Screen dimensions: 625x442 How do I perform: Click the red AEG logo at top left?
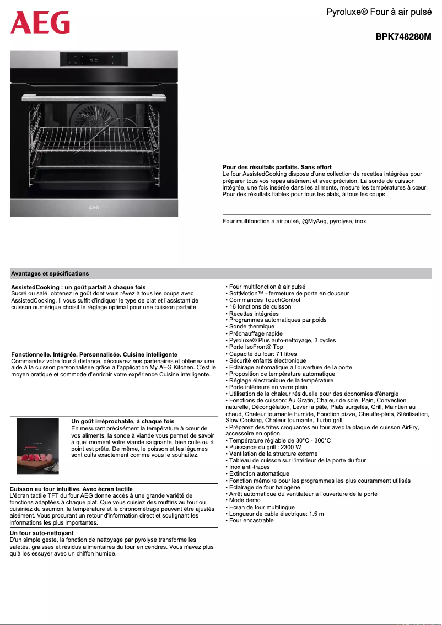coord(40,23)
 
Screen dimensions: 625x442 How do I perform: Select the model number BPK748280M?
coord(403,37)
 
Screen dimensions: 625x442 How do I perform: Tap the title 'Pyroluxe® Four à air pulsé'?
coord(379,12)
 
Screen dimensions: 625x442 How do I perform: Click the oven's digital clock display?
coord(94,60)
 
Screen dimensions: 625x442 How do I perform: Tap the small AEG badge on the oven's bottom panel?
coord(94,208)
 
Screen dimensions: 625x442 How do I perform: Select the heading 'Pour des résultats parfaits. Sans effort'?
coord(277,167)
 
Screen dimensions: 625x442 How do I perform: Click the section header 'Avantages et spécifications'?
coord(50,273)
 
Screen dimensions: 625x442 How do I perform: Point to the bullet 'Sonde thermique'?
coord(251,327)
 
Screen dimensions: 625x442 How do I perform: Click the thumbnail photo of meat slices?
coord(37,446)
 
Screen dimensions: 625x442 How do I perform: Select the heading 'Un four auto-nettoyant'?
coord(41,534)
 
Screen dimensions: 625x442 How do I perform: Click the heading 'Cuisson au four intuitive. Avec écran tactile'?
coord(71,489)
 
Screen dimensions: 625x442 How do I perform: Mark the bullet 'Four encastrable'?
coord(251,520)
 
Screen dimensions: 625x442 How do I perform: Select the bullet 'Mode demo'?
coord(245,500)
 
